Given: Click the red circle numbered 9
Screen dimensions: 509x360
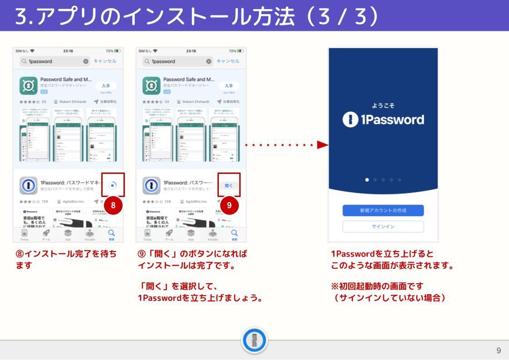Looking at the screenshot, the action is (x=229, y=205).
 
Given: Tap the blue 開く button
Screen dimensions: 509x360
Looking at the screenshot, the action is (x=228, y=185).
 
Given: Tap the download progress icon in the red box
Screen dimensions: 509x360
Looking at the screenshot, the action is (x=113, y=185).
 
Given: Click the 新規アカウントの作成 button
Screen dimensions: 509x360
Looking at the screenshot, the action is (x=383, y=210).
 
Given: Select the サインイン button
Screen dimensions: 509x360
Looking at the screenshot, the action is (x=383, y=226).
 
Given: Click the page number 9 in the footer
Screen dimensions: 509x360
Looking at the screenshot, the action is (x=499, y=350).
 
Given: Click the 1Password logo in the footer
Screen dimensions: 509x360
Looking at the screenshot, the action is (x=254, y=340).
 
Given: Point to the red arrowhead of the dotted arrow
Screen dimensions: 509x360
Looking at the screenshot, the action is (x=322, y=145).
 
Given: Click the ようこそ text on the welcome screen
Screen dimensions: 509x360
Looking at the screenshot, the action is (x=383, y=105).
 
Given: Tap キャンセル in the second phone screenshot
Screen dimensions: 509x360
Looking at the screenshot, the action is (x=222, y=60).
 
